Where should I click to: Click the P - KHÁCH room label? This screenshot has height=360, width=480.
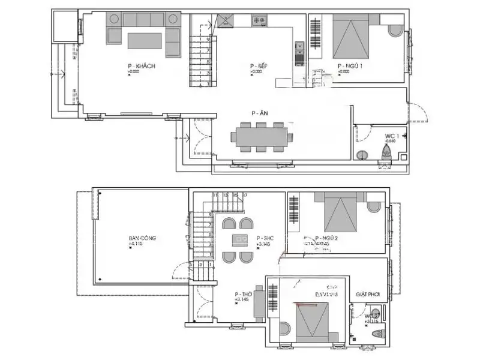tap(142, 66)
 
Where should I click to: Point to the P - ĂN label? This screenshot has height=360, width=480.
tap(259, 113)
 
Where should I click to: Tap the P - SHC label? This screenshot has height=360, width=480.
tap(265, 238)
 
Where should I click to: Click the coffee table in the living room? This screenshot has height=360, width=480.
tap(145, 41)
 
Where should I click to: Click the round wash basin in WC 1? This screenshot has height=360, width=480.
tap(361, 155)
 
